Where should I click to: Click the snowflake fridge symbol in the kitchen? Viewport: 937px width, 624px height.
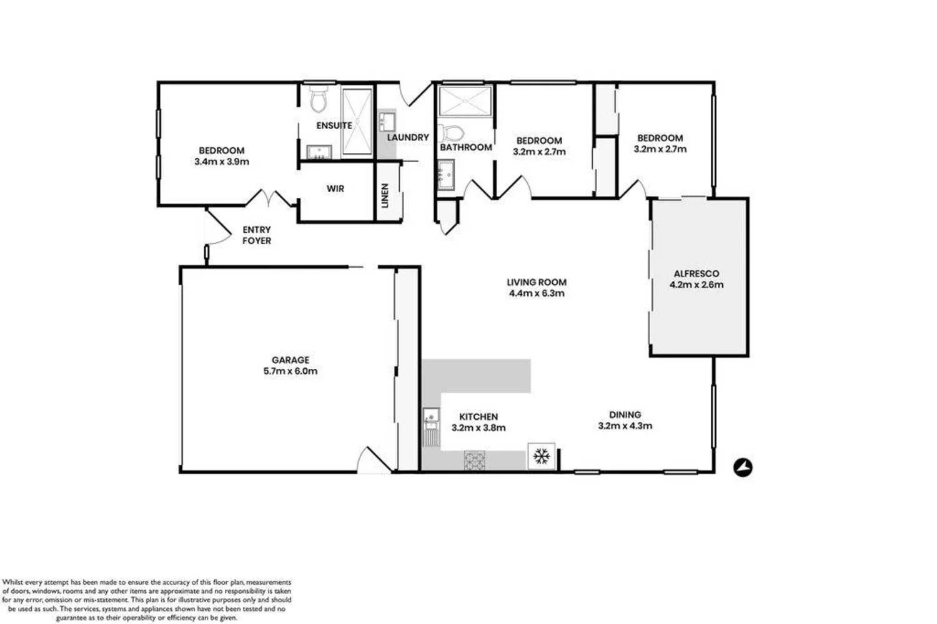click(541, 456)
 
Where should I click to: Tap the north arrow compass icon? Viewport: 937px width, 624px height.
click(743, 467)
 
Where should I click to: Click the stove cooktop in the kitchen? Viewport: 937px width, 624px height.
click(474, 461)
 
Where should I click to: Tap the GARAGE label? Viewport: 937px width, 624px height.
click(290, 360)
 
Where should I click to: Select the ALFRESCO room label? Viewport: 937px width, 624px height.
click(696, 273)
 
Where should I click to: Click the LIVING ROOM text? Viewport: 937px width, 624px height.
click(537, 282)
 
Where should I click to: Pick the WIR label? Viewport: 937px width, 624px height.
click(335, 188)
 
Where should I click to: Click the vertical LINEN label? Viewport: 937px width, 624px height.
click(385, 195)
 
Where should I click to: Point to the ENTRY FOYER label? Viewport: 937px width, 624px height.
click(257, 235)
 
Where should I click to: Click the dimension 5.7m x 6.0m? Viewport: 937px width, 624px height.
click(290, 371)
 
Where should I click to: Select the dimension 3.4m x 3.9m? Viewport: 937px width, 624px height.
click(222, 162)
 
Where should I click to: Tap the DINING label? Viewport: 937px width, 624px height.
click(625, 414)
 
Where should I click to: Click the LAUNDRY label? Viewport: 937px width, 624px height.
click(408, 137)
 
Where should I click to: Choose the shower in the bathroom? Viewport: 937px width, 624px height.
click(465, 101)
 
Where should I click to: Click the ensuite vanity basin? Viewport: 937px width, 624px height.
click(319, 152)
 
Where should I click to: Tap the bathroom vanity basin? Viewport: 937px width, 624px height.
click(445, 174)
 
